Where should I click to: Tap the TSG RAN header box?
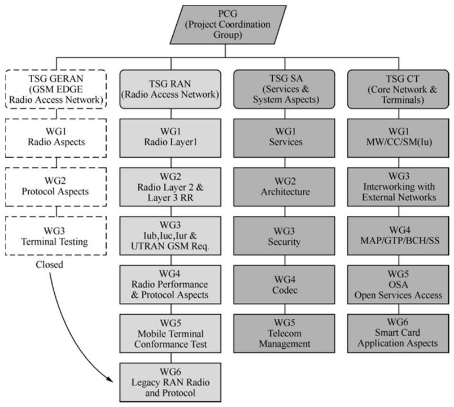pyautogui.click(x=169, y=89)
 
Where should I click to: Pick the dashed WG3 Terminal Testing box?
pyautogui.click(x=55, y=236)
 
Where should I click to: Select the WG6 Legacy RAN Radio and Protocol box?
pyautogui.click(x=169, y=383)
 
